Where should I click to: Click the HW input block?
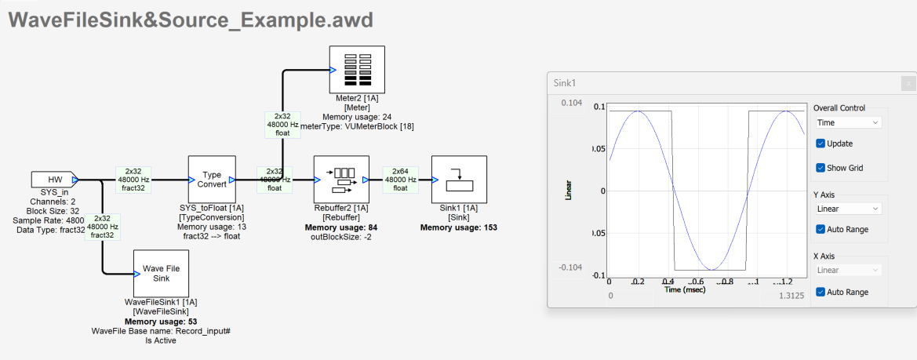pos(53,179)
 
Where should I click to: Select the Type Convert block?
pos(212,179)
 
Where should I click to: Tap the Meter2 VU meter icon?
pos(356,69)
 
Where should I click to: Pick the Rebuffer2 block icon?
pos(340,179)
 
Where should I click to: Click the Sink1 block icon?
pos(459,179)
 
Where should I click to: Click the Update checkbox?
pos(821,144)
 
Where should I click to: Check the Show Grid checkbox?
pos(821,167)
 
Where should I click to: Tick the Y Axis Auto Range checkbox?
pos(821,229)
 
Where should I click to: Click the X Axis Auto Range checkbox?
pos(821,292)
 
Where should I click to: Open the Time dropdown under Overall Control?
pos(848,122)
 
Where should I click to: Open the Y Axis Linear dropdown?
pos(848,209)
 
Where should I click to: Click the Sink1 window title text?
pos(565,82)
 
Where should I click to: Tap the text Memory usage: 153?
pos(459,227)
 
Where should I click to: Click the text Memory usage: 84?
pos(340,227)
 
